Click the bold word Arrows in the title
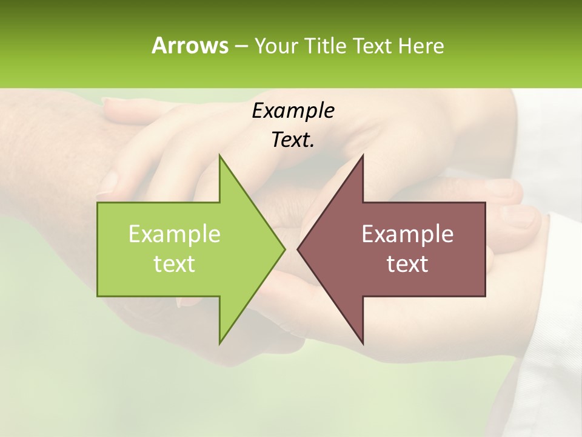[189, 46]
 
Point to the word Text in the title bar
[373, 46]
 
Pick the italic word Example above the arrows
[293, 110]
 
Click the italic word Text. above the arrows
[293, 140]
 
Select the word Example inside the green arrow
[174, 234]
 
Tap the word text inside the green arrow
[174, 264]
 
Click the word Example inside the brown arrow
[407, 234]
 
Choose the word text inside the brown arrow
[407, 264]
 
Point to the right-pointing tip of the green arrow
[284, 249]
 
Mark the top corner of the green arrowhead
[220, 156]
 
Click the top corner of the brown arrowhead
[363, 156]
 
